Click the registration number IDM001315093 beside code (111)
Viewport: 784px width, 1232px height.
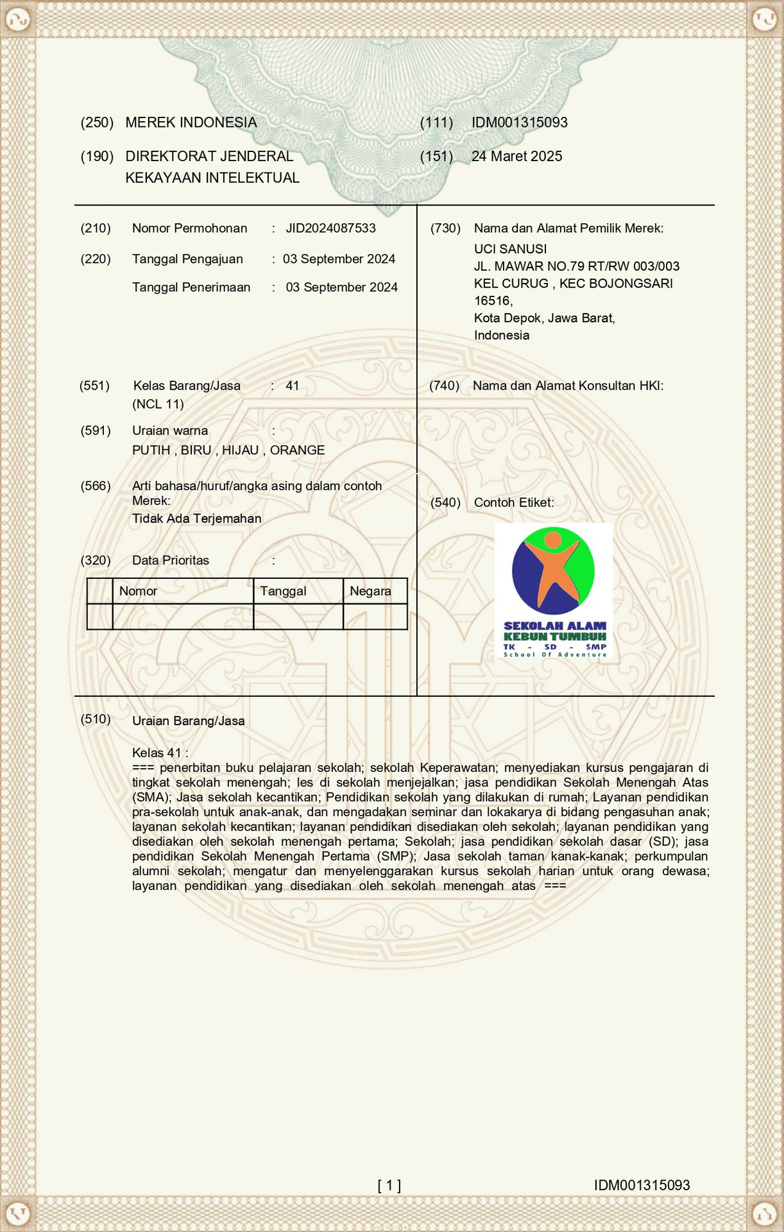519,123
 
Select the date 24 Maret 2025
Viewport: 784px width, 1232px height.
516,157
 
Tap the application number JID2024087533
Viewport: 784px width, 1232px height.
330,228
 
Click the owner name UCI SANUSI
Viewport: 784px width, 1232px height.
510,249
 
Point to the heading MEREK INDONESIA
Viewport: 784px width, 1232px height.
191,123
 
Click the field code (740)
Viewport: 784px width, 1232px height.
444,386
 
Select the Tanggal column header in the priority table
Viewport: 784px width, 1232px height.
283,591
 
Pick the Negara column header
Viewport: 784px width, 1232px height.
370,591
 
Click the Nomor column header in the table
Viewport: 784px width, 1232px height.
138,591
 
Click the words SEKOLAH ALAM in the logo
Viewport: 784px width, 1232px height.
554,626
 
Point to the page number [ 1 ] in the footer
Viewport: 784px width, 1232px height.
389,1185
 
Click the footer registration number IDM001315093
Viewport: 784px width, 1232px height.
642,1185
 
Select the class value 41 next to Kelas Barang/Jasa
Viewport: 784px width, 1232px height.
293,386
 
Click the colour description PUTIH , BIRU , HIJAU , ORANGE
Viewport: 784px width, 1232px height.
228,450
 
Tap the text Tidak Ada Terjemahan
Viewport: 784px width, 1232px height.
196,518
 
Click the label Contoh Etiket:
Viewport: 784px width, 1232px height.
513,502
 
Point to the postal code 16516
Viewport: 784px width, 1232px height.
492,301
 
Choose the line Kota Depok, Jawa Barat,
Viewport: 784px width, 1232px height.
544,318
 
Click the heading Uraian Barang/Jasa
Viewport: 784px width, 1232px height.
188,721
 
